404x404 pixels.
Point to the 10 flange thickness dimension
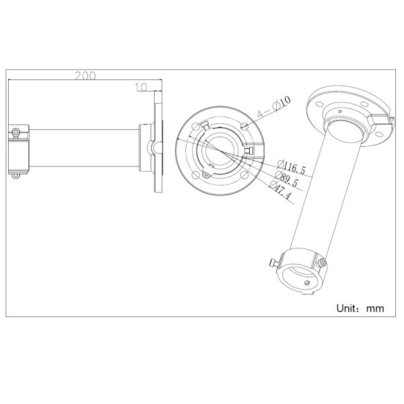pyautogui.click(x=141, y=87)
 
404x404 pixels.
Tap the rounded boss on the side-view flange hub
pyautogui.click(x=152, y=146)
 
